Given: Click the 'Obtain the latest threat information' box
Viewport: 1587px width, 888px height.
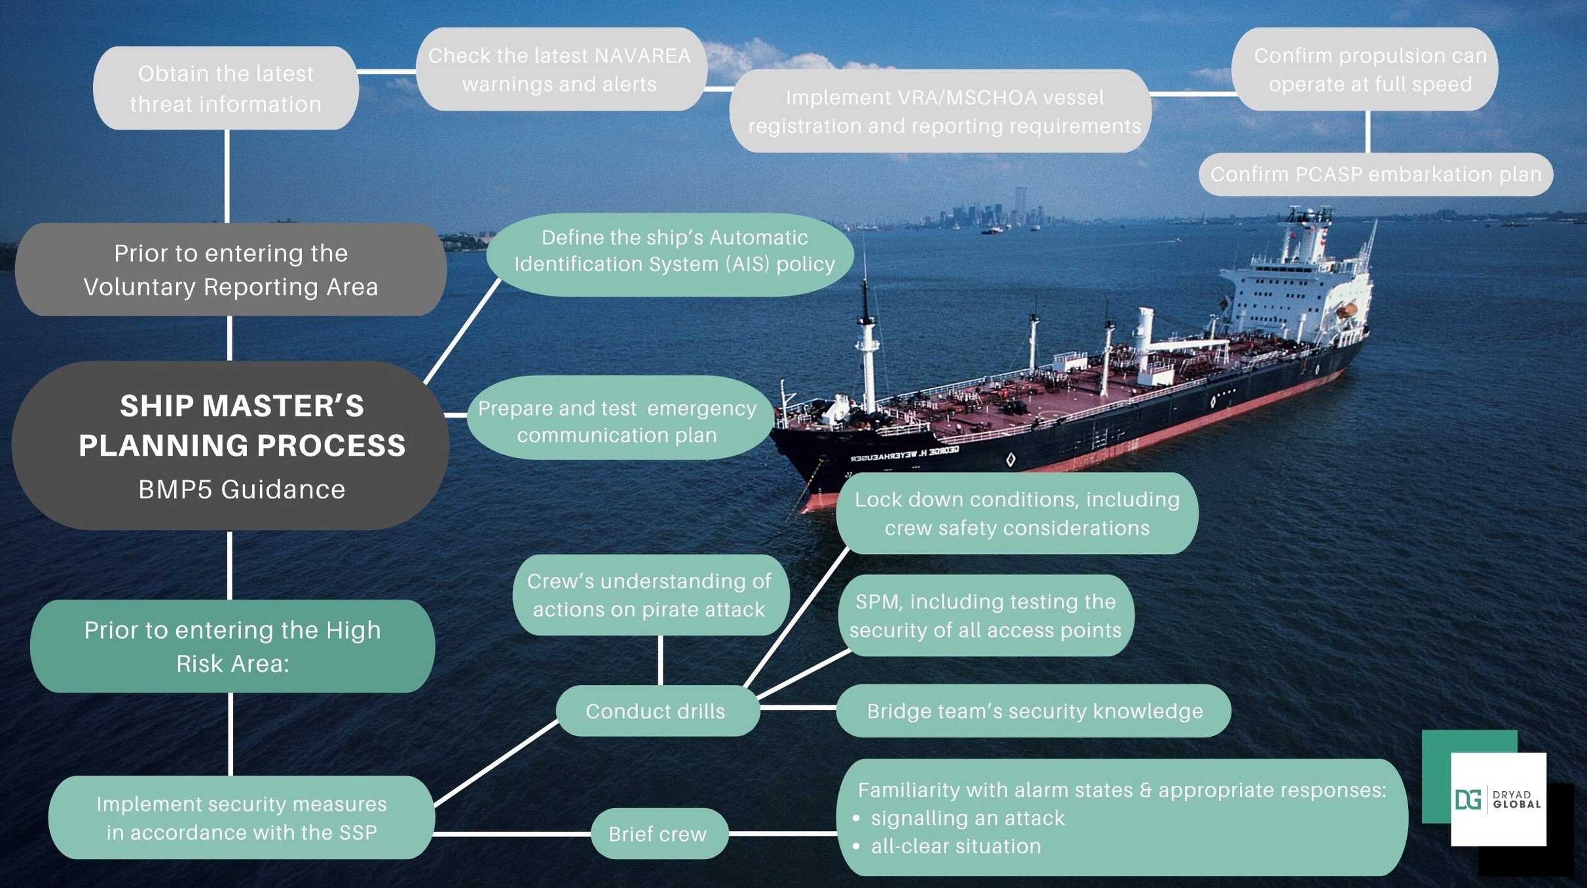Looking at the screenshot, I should click(x=226, y=88).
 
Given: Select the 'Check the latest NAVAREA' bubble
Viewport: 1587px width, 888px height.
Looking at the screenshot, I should click(x=560, y=69).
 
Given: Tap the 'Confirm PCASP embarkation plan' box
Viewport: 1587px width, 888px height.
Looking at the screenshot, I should click(x=1375, y=174).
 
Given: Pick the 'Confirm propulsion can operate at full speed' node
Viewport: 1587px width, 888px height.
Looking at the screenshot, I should click(x=1370, y=69).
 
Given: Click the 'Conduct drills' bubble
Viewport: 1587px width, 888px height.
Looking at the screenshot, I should click(x=656, y=711).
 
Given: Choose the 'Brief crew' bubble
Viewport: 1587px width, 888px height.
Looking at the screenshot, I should click(x=658, y=834).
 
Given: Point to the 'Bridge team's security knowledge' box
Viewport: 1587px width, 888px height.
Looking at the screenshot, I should click(x=1034, y=711).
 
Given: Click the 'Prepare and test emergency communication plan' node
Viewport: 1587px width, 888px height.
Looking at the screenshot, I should click(x=617, y=421).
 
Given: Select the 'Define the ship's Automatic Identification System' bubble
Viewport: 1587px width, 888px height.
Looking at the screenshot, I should click(x=675, y=251).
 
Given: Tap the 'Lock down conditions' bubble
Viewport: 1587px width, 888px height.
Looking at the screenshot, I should click(x=1017, y=513).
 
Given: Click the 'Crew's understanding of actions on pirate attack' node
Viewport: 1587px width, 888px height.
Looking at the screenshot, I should click(x=649, y=595).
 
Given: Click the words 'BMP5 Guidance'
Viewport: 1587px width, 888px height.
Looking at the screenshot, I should click(x=242, y=489).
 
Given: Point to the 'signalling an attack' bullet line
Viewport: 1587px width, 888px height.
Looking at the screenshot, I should click(x=967, y=818).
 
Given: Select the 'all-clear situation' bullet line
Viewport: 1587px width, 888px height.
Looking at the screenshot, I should click(x=956, y=846).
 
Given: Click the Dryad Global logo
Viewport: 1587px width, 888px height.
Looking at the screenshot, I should click(x=1498, y=800).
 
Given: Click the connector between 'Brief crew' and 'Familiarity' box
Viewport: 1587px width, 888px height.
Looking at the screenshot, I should click(x=783, y=834).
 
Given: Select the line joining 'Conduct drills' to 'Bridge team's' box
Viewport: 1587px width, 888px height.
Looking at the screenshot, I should click(x=798, y=708).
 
